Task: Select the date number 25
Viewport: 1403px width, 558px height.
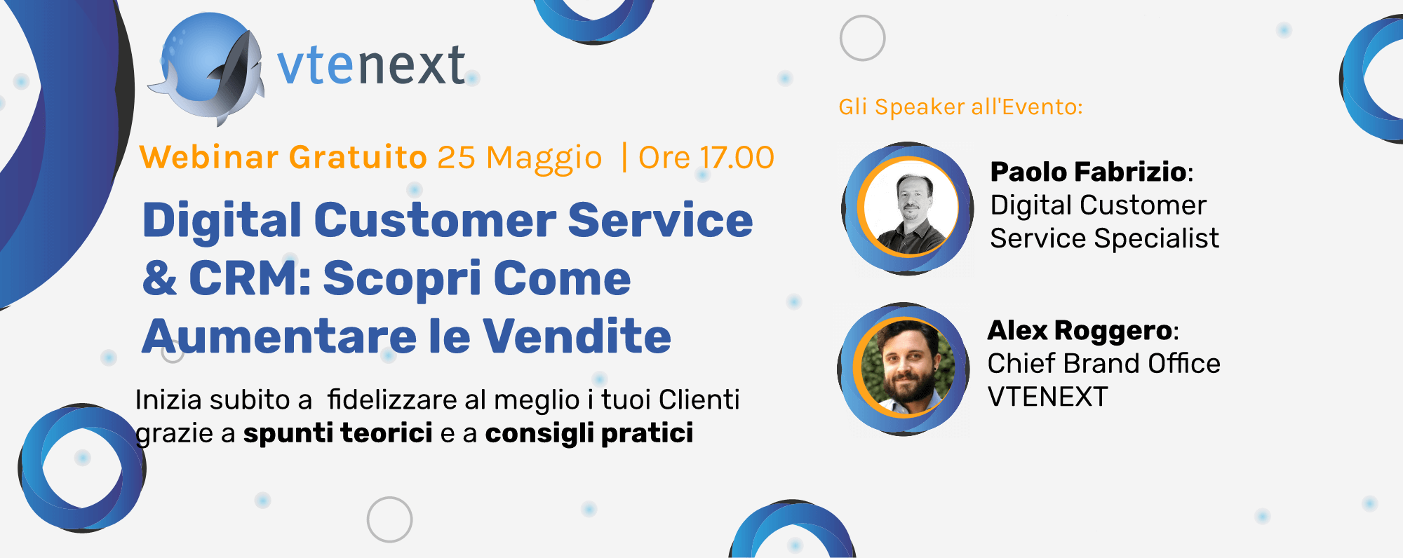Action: [x=457, y=158]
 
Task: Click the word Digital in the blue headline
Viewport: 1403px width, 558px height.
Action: [x=222, y=222]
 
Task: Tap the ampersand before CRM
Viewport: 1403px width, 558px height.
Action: [x=160, y=278]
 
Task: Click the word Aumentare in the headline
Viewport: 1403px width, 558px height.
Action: [x=279, y=336]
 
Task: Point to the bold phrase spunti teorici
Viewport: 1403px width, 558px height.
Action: [x=338, y=433]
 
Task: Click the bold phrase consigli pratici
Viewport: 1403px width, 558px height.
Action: [x=589, y=434]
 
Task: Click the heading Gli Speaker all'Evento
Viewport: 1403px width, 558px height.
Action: [x=961, y=107]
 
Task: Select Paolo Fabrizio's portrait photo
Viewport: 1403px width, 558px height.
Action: [x=910, y=208]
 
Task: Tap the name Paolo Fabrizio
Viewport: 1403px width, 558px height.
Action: [x=1089, y=172]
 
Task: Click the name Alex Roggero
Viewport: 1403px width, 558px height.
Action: [x=1080, y=330]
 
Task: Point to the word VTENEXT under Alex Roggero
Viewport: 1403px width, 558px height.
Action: [x=1048, y=397]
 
